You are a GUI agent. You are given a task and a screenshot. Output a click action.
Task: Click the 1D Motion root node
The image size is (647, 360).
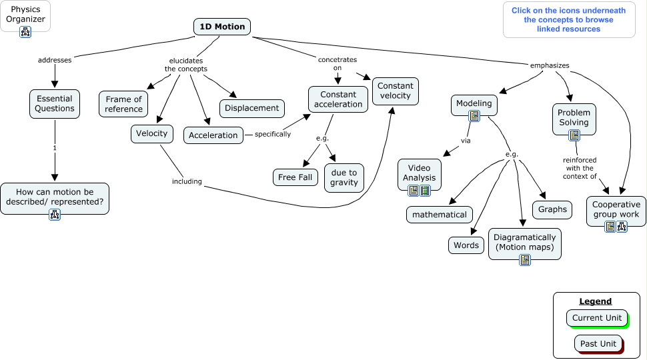pos(223,27)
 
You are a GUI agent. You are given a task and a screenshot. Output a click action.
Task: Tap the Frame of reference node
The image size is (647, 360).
pos(124,104)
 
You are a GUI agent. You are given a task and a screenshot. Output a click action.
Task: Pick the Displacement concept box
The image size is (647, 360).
pos(252,108)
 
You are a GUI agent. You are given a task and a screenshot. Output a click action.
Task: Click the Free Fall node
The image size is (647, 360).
pos(295,177)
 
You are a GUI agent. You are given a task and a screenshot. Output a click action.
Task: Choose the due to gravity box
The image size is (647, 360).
pos(344,178)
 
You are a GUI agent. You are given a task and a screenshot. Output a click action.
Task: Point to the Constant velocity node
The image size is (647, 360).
pos(396,91)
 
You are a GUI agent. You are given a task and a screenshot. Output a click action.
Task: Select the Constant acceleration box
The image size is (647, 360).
pos(338,99)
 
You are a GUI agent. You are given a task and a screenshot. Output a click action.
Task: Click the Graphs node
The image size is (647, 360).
pos(553,209)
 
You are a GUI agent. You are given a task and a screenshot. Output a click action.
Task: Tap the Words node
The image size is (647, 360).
pos(466,245)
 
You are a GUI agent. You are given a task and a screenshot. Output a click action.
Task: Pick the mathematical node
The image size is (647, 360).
pos(440,215)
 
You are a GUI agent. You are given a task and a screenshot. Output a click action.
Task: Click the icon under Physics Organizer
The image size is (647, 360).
pos(25,31)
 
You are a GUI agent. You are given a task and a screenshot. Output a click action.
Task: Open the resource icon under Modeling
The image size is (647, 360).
pos(474,116)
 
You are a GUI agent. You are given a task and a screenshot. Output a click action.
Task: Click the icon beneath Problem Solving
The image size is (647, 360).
pos(574,135)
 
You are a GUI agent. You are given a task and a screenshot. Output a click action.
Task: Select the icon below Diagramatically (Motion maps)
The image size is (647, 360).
pos(525,260)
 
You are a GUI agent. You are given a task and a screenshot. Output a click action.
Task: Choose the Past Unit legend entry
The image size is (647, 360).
pos(598,343)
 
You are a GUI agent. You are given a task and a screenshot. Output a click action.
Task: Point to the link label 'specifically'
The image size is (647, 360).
pos(273,134)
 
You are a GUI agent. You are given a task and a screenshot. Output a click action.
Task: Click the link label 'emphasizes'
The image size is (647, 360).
pos(550,65)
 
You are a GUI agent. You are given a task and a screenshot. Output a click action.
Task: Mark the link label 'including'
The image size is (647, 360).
pos(187,181)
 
